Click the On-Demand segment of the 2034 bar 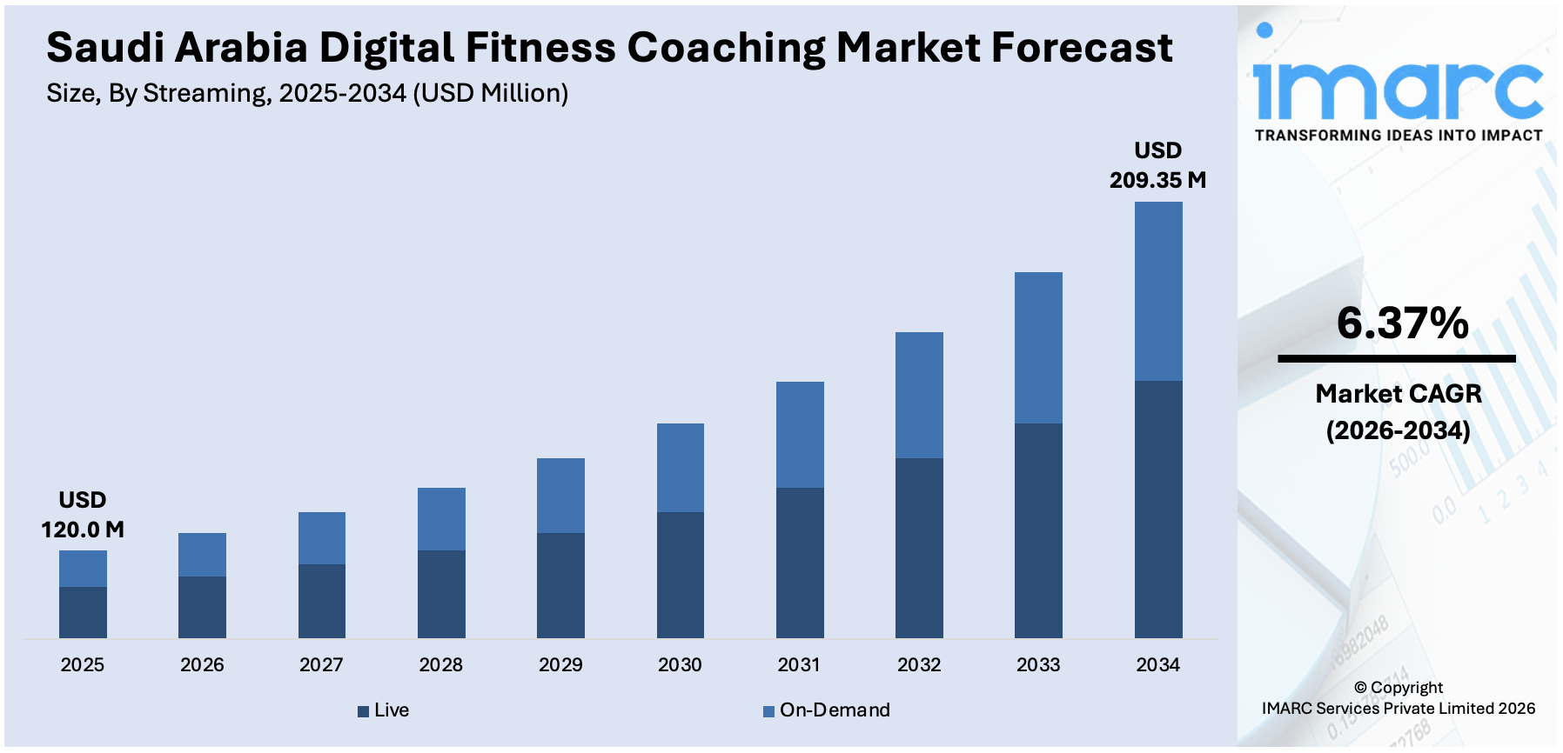pyautogui.click(x=1157, y=291)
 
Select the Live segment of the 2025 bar pyautogui.click(x=83, y=612)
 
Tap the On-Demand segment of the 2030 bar pyautogui.click(x=680, y=468)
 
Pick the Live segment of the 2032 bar pyautogui.click(x=919, y=548)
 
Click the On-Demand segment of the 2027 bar pyautogui.click(x=321, y=538)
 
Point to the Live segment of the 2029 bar pyautogui.click(x=560, y=585)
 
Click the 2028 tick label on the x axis pyautogui.click(x=440, y=665)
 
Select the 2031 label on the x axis pyautogui.click(x=799, y=665)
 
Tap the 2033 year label pyautogui.click(x=1038, y=665)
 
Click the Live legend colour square pyautogui.click(x=363, y=711)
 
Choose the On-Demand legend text pyautogui.click(x=835, y=710)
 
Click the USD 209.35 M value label pyautogui.click(x=1157, y=165)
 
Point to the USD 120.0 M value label pyautogui.click(x=83, y=515)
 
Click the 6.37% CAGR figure pyautogui.click(x=1402, y=323)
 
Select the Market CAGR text pyautogui.click(x=1398, y=394)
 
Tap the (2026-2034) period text pyautogui.click(x=1398, y=430)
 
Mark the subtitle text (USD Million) pyautogui.click(x=490, y=93)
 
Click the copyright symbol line pyautogui.click(x=1398, y=688)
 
